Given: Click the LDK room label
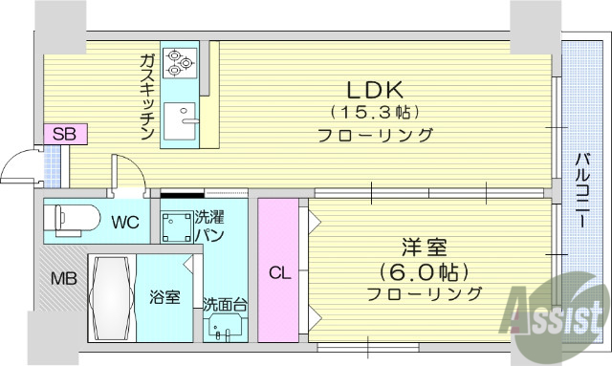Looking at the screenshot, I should click(x=376, y=90).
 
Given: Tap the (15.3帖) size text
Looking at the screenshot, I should click(x=376, y=112).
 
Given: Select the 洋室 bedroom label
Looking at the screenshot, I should click(x=424, y=248).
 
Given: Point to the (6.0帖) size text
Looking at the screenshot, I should click(x=424, y=270).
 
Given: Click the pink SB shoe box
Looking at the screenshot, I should click(x=64, y=134).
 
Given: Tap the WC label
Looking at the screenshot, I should click(x=125, y=223).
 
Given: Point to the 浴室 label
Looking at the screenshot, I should click(x=164, y=297).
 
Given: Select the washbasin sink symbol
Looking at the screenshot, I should click(x=227, y=330).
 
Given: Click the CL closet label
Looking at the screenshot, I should click(x=278, y=272).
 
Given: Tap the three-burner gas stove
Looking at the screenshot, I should click(x=179, y=60).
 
